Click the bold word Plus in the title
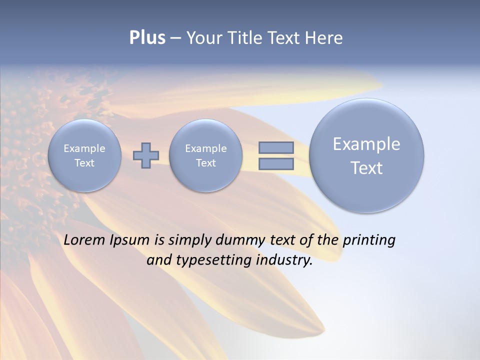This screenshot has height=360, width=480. coord(147,38)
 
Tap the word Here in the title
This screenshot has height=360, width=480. coord(325,38)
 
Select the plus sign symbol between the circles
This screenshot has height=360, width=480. coord(146,155)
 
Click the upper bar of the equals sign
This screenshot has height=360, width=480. coord(275,147)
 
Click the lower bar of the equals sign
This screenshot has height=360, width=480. coord(275,164)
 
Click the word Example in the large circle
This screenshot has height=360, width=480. coord(366,144)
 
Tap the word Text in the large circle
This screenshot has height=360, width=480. coord(366,168)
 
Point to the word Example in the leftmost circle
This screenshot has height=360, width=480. coord(84,148)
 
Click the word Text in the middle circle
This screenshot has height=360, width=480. coord(206,163)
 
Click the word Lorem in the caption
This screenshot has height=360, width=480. coord(84,240)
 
